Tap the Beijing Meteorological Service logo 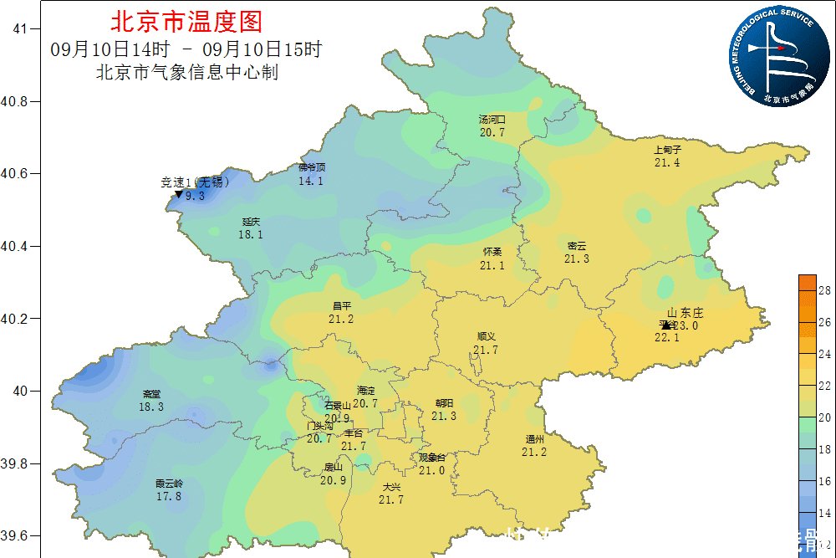point(771,55)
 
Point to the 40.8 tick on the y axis point(18,101)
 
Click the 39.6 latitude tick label point(18,536)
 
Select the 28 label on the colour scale point(823,291)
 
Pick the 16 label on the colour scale point(823,482)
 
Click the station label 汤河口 point(492,120)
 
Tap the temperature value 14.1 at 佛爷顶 point(310,181)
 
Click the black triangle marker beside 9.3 point(178,195)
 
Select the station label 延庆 point(251,222)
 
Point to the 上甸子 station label point(667,150)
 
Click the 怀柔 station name point(492,252)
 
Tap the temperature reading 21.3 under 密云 point(576,259)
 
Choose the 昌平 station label point(341,306)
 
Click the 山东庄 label point(686,313)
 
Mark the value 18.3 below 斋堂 point(151,407)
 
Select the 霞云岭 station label point(168,484)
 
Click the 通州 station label point(534,439)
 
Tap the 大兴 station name point(390,487)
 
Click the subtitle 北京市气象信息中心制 point(187,73)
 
